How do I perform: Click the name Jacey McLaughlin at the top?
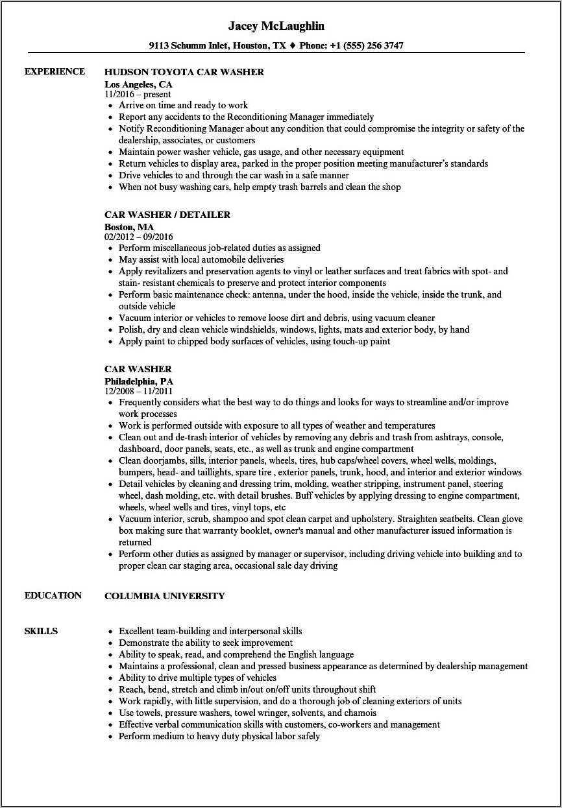point(276,27)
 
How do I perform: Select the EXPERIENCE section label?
point(55,71)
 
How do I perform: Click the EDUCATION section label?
point(53,595)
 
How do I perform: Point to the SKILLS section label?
point(41,631)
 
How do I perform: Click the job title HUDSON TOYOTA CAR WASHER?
point(184,72)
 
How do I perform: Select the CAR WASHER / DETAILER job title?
point(167,215)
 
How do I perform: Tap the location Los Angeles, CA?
point(138,84)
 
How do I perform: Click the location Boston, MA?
point(129,227)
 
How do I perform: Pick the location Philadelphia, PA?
point(139,381)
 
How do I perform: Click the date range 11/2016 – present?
point(138,94)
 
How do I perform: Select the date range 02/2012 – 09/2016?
point(139,237)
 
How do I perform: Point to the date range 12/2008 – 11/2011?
point(139,391)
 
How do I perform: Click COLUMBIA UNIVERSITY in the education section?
point(165,596)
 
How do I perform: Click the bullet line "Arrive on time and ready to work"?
point(183,105)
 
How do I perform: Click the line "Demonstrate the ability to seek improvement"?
point(206,643)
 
